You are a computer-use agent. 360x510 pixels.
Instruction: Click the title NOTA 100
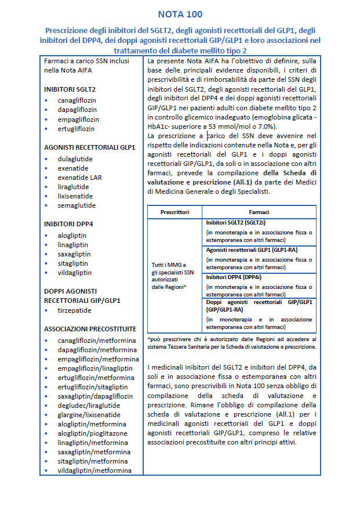click(180, 14)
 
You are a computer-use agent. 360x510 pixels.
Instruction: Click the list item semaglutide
click(77, 205)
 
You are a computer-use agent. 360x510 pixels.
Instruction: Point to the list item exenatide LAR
click(79, 178)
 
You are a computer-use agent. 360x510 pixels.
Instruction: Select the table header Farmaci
click(259, 212)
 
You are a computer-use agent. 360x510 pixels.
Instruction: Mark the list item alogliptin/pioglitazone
click(93, 433)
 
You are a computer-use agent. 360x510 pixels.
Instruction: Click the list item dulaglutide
click(75, 158)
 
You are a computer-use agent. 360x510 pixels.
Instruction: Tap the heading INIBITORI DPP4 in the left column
click(68, 223)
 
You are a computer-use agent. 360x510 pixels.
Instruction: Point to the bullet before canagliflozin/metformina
click(46, 341)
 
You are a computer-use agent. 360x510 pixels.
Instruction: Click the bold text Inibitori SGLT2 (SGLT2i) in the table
click(236, 222)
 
